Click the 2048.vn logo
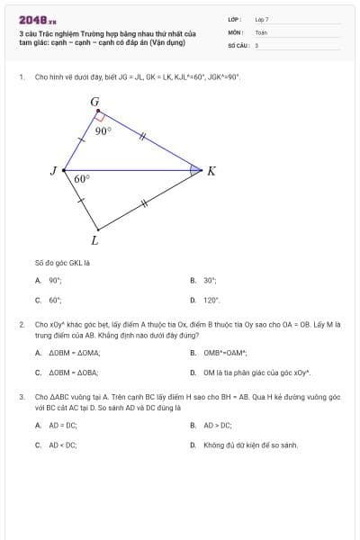[x=38, y=20]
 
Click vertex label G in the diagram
[x=94, y=102]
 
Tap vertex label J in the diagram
[x=53, y=170]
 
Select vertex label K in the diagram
[x=211, y=170]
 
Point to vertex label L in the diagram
[x=94, y=239]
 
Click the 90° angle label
[x=103, y=130]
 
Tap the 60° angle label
[x=82, y=178]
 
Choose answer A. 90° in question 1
[x=55, y=280]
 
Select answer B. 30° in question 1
[x=210, y=280]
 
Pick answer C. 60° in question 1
[x=55, y=300]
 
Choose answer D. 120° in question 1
[x=211, y=300]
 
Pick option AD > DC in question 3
[x=217, y=425]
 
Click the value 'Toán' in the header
[x=261, y=31]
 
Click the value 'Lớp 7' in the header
[x=262, y=19]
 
